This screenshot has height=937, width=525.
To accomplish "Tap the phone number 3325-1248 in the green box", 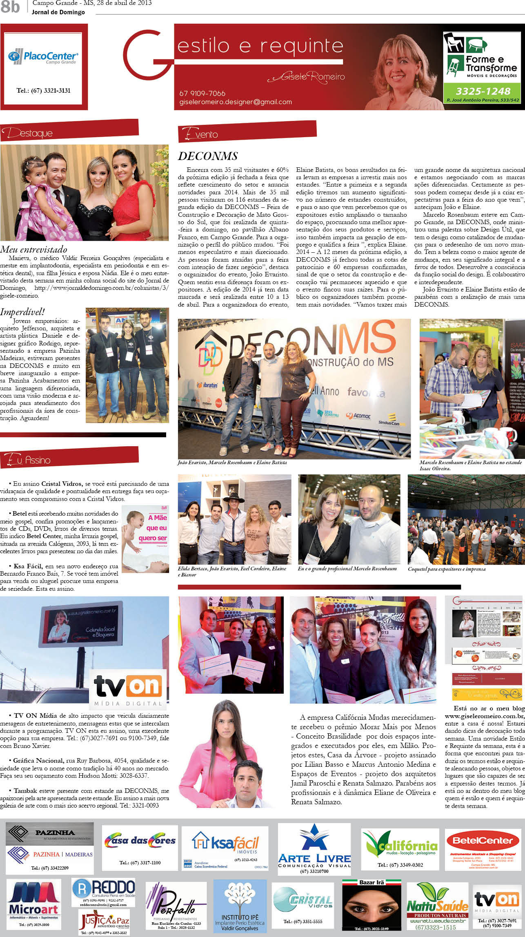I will point(483,91).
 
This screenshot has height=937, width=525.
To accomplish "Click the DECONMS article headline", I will point(208,156).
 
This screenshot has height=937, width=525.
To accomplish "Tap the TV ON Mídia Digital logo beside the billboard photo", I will point(128,689).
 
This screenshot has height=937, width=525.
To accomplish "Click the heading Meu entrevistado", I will point(34,249).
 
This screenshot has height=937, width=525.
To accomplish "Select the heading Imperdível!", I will point(22,312).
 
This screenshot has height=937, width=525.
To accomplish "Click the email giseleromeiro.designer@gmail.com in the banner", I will point(236,102).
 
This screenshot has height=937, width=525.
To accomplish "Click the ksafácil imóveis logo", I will point(225,845).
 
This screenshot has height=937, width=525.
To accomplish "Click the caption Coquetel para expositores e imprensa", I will point(447,569).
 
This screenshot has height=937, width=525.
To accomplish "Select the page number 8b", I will point(10,7).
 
